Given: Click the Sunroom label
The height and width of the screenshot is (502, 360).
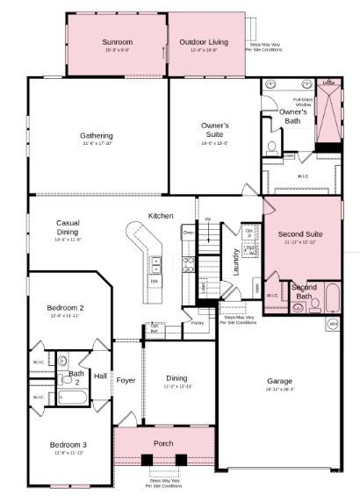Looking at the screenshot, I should point(117,41).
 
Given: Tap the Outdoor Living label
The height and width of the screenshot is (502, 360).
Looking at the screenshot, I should point(204,41).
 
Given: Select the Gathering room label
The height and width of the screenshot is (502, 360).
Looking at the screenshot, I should point(97,136).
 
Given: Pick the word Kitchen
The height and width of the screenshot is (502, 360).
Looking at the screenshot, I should point(161,216).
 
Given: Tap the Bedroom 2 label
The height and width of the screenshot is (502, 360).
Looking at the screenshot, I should point(66,308).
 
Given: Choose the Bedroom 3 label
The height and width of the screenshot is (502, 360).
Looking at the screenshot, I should point(68,445).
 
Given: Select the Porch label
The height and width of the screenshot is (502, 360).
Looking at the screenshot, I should point(163,442).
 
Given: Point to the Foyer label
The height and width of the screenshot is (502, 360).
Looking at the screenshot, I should point(126,380).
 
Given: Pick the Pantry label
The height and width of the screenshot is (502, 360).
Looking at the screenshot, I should point(198,323).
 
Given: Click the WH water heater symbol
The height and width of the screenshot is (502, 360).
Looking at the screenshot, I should point(333,325).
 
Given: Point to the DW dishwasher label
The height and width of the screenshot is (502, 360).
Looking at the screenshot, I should point(155,281).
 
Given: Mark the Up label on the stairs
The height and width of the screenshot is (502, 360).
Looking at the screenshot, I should point(208,219).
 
